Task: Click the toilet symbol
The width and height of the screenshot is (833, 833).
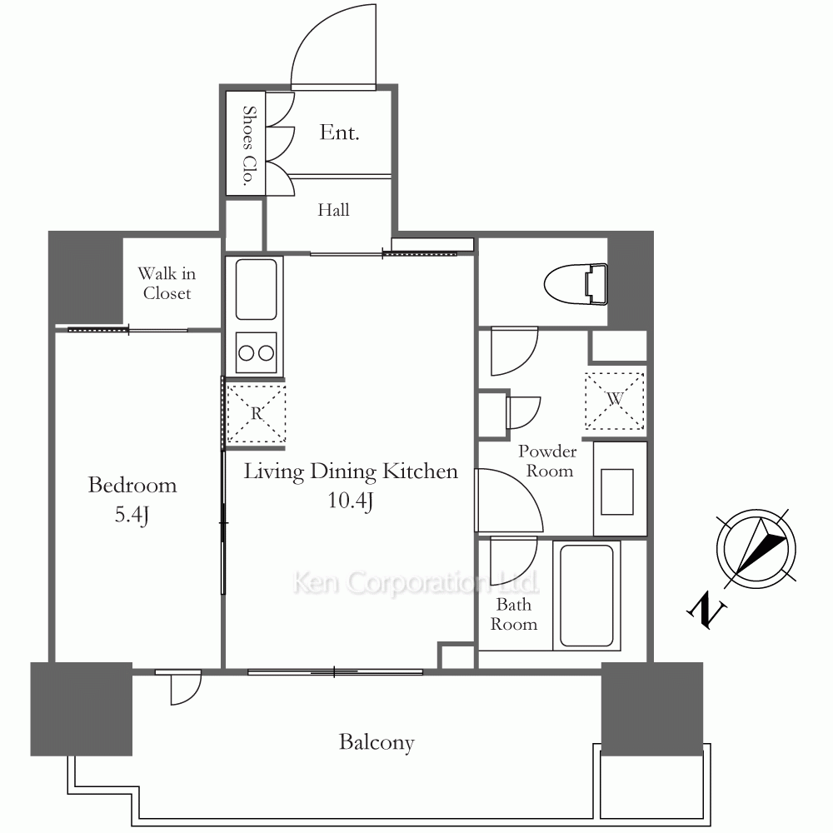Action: [576, 285]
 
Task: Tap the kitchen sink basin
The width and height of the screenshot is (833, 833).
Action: [256, 289]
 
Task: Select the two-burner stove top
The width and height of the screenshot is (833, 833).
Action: [256, 352]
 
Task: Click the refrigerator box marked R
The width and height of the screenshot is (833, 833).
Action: [257, 413]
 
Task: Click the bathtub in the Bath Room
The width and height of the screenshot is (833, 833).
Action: [586, 595]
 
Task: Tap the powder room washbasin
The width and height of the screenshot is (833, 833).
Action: [616, 492]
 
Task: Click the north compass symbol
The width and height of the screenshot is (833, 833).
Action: [756, 549]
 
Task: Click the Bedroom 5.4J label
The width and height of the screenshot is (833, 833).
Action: [132, 500]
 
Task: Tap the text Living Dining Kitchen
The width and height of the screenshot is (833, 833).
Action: [351, 471]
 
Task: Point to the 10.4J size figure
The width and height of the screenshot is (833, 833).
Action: [350, 501]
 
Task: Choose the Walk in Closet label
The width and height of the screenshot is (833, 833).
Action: [167, 283]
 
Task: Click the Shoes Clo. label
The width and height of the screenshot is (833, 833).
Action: [248, 146]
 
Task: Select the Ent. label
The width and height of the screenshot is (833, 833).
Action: [340, 132]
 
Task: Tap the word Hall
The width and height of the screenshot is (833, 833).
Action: [334, 210]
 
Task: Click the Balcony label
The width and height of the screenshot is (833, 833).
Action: [377, 743]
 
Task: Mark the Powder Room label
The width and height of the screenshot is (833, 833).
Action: [548, 461]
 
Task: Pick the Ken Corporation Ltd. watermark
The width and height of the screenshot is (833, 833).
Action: [416, 583]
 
